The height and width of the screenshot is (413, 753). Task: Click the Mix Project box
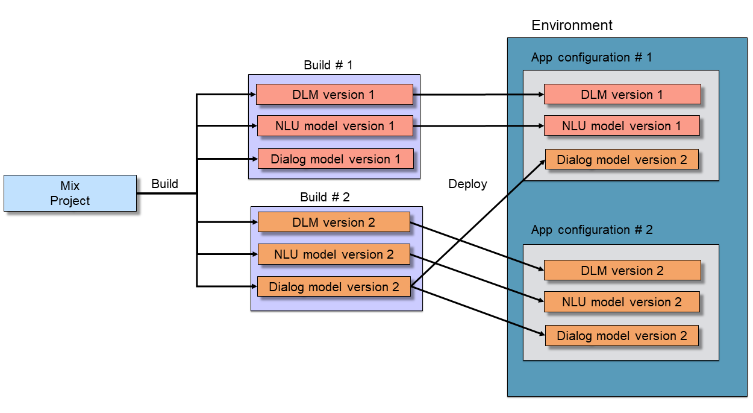(70, 193)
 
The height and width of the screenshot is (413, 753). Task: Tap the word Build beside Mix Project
(164, 184)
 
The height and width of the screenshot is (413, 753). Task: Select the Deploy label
(467, 184)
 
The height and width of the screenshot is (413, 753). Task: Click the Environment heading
(572, 25)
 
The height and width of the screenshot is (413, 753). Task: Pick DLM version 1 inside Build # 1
(334, 95)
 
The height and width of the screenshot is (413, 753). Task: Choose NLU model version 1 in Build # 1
(335, 126)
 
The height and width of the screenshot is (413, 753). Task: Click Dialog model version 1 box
(336, 159)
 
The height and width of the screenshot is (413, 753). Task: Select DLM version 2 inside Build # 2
(334, 222)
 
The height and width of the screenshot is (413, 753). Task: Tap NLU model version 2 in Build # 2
(334, 254)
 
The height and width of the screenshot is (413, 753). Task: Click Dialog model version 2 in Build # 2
(334, 287)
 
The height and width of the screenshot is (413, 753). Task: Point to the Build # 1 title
(328, 65)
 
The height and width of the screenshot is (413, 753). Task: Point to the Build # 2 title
(325, 197)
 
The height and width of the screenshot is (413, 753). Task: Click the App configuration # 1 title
(592, 57)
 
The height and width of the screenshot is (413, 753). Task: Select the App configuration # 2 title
(592, 230)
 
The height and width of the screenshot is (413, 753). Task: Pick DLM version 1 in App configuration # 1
(622, 95)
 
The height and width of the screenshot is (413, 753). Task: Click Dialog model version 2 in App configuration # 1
(622, 160)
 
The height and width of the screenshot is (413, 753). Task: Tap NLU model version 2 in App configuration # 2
(622, 302)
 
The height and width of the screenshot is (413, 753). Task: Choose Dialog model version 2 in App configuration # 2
(622, 336)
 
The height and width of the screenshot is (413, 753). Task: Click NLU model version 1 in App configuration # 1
(622, 126)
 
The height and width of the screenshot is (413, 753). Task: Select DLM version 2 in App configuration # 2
(622, 271)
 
